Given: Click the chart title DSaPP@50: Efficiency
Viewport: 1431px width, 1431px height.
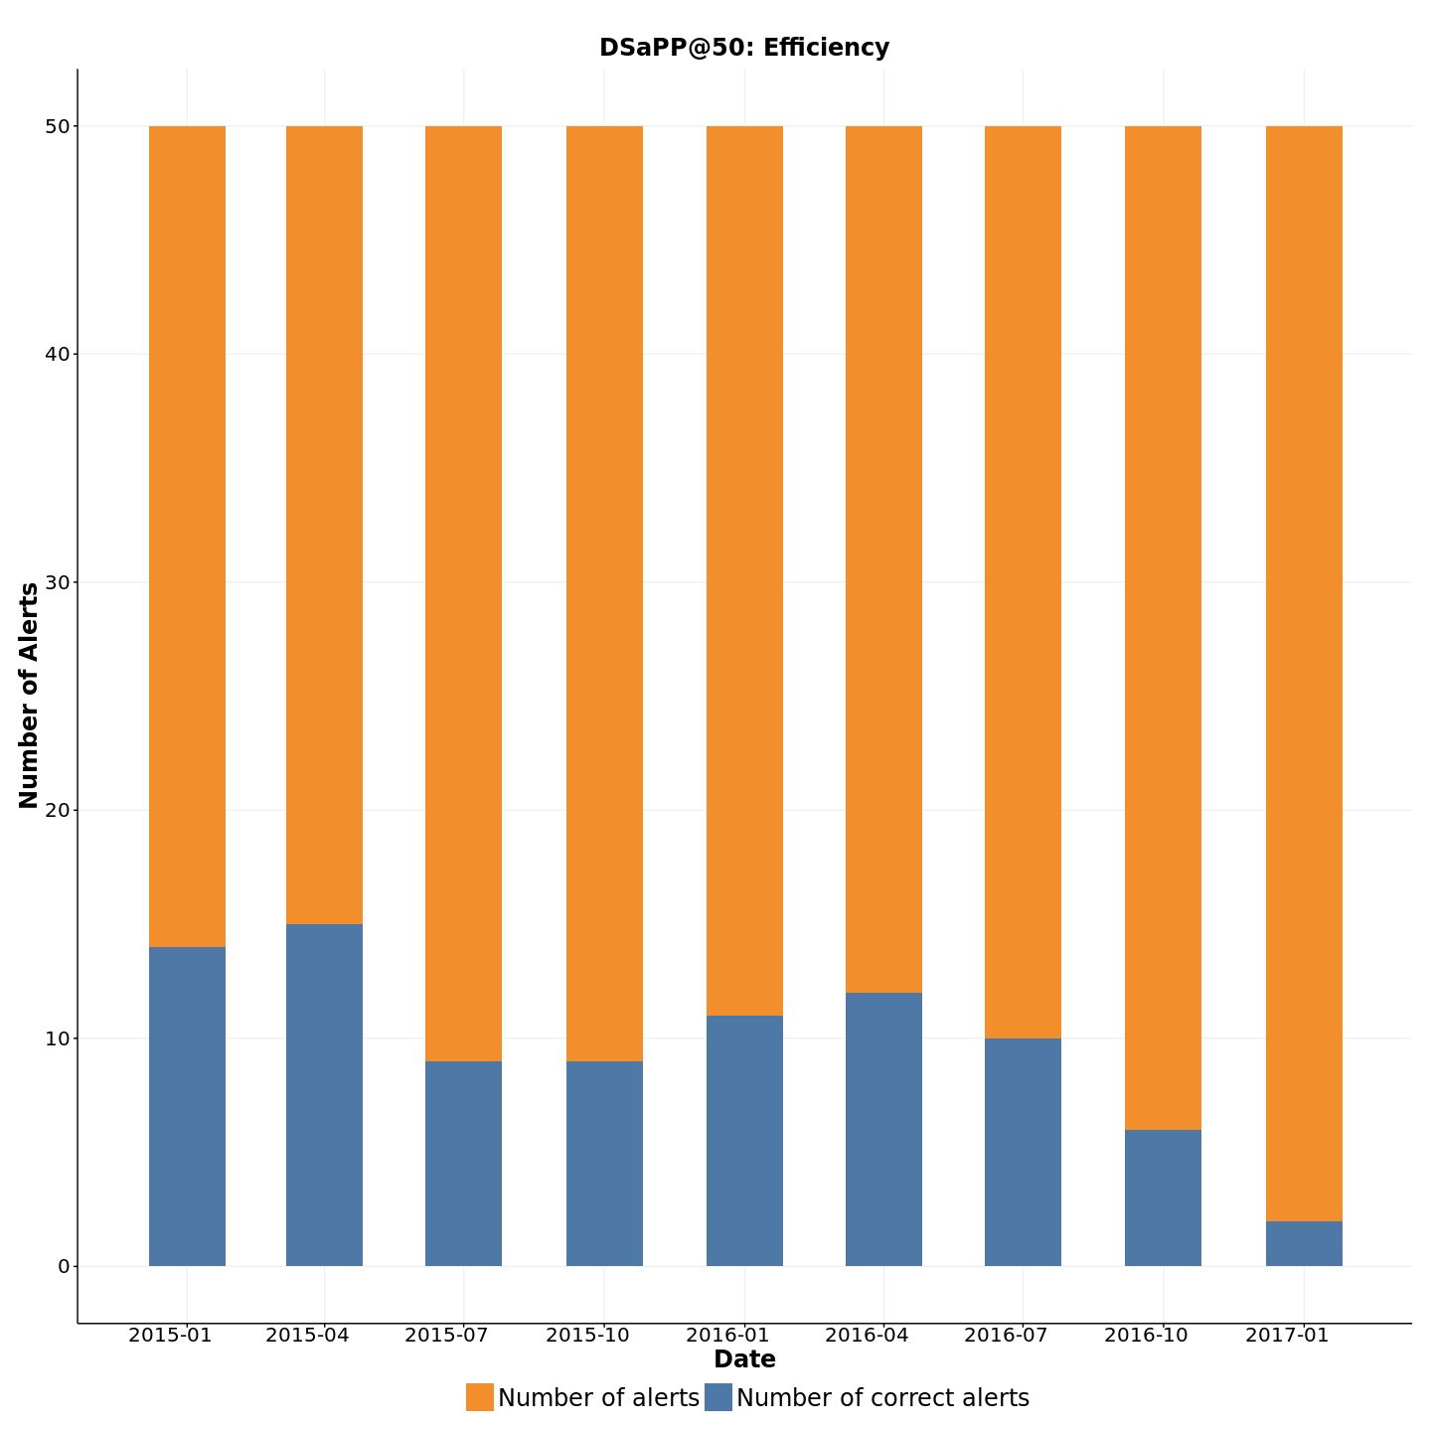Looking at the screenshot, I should coord(743,48).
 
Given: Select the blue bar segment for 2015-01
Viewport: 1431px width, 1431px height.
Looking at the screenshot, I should coord(187,1106).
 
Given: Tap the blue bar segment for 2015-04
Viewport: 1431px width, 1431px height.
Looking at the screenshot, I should coord(324,1095).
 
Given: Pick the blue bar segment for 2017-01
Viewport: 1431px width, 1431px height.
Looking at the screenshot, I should coord(1304,1243).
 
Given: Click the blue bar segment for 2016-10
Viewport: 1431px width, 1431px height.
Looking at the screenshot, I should coord(1163,1197).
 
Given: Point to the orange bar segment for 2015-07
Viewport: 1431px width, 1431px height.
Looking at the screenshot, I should coord(463,593).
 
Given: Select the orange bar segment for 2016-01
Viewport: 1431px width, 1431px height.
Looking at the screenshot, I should coord(744,570).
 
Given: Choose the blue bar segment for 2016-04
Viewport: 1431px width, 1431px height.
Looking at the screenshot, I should coord(883,1129).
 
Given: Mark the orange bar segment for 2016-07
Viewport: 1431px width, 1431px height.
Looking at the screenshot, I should coord(1023,582).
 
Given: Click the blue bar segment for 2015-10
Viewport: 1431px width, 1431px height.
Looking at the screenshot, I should coord(604,1164).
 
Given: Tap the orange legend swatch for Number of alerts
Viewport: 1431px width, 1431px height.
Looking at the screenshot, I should coord(480,1397).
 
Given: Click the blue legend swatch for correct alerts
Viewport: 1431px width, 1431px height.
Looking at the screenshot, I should coord(718,1397).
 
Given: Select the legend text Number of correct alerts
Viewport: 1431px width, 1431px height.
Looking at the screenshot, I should coord(882,1398).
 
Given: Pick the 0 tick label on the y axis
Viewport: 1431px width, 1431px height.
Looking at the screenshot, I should coord(64,1266).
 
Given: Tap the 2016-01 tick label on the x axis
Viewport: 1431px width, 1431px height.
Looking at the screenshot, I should coord(727,1335).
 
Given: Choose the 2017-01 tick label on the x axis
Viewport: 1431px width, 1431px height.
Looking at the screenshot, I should coord(1287,1335).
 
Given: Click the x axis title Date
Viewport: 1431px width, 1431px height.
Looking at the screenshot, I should coord(744,1359).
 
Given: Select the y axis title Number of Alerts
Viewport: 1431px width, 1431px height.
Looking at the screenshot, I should coord(29,696).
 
